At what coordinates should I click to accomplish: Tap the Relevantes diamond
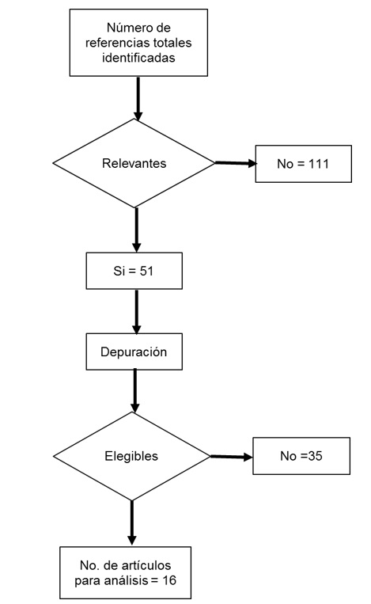tap(133, 164)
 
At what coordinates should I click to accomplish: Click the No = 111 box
tap(303, 163)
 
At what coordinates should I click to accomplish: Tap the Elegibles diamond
tap(131, 456)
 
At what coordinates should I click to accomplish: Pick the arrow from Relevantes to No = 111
tap(236, 164)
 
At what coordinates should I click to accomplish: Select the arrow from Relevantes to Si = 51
tap(137, 230)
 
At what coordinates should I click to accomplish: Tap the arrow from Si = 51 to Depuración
tap(137, 312)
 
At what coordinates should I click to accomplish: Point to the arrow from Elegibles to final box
tap(132, 521)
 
